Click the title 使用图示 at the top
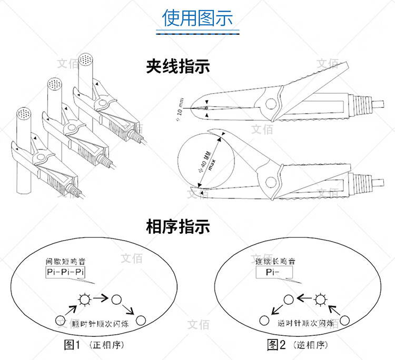197,18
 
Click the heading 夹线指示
178,67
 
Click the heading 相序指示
178,227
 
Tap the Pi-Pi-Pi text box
65,272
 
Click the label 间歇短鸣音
65,262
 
